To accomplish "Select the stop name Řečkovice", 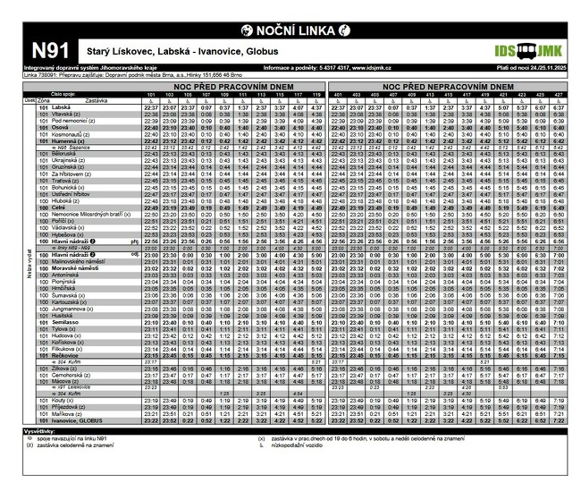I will (70, 355).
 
